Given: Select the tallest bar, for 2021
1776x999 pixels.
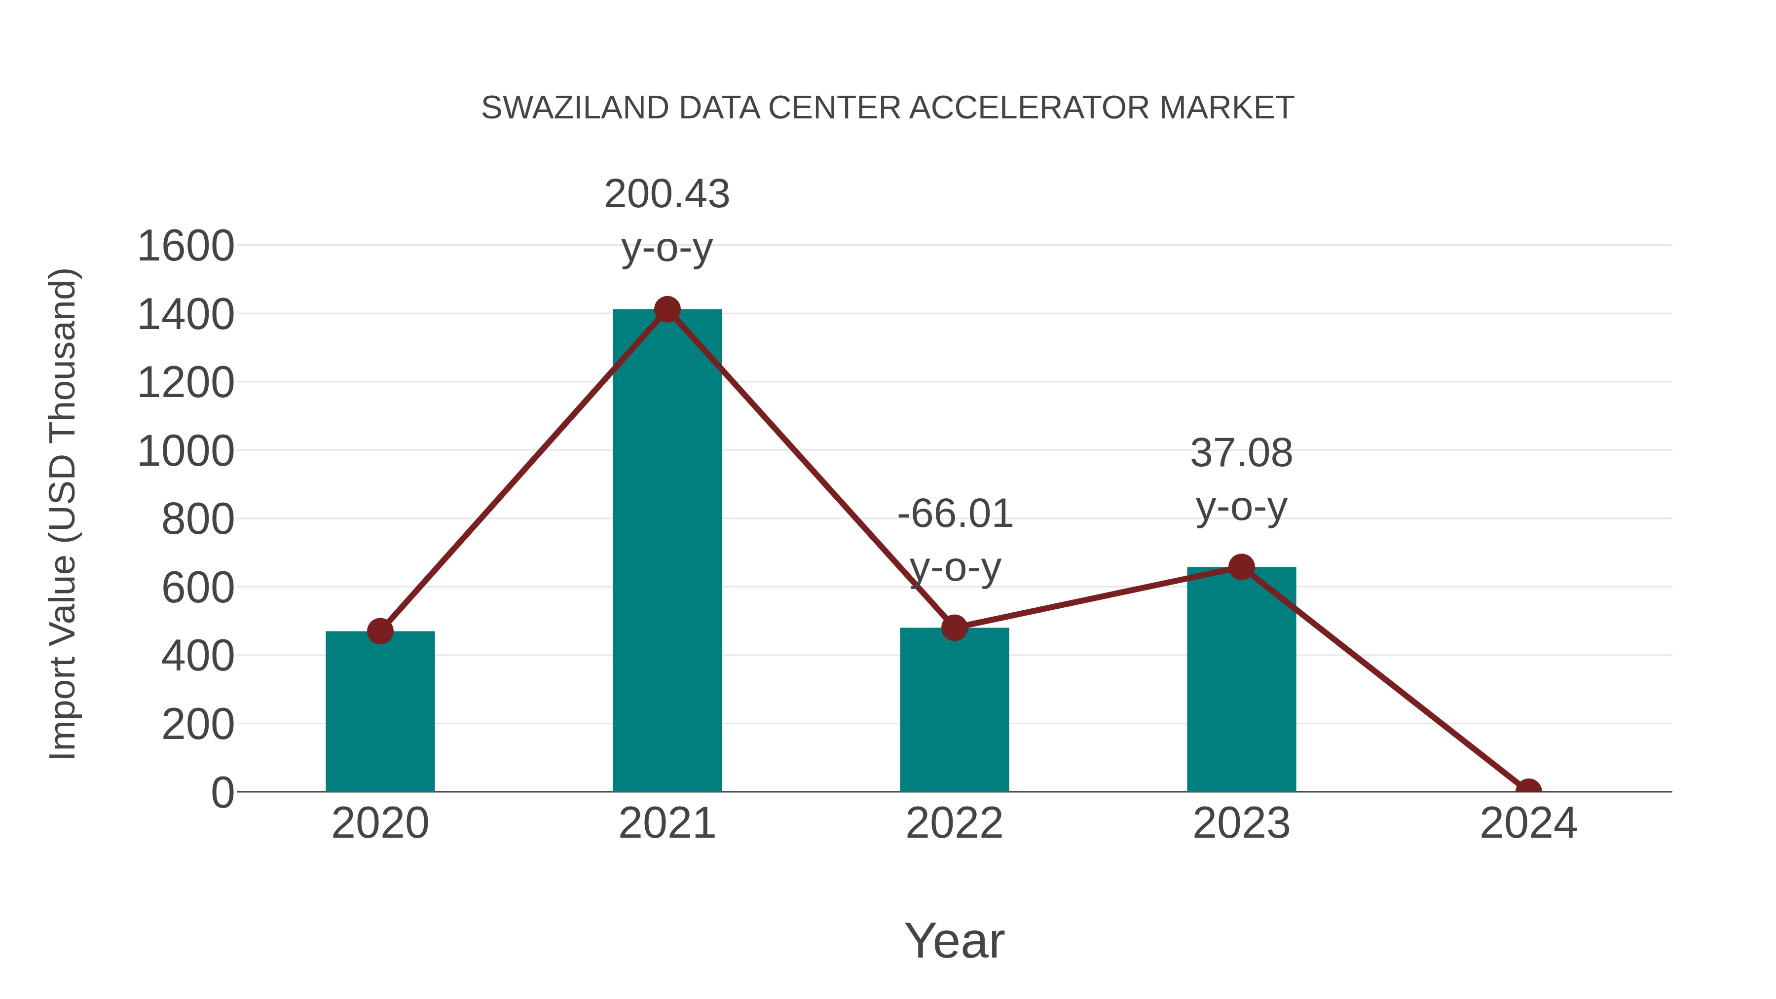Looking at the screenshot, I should pos(666,552).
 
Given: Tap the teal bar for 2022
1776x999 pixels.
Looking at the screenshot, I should pos(954,710).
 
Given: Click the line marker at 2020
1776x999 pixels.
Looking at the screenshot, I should pos(380,631).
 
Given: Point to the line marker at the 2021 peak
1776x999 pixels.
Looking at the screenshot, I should pos(666,309).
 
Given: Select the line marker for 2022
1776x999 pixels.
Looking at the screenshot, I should pos(954,628).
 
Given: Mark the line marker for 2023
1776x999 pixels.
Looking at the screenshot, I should pos(1241,567).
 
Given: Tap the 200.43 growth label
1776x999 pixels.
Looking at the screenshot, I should pos(666,194).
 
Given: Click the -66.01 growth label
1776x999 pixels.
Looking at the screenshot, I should pos(955,515).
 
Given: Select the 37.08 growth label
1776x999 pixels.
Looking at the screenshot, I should pos(1241,454).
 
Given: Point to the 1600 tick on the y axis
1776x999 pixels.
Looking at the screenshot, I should pos(185,247).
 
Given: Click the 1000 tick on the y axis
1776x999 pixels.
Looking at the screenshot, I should pos(185,452).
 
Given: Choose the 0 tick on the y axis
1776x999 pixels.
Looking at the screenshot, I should pos(222,793).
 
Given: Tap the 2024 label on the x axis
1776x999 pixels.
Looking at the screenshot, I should pos(1528,823).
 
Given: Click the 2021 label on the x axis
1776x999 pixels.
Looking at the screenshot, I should pos(666,823).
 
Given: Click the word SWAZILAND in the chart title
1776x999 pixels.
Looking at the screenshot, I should pos(574,108).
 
